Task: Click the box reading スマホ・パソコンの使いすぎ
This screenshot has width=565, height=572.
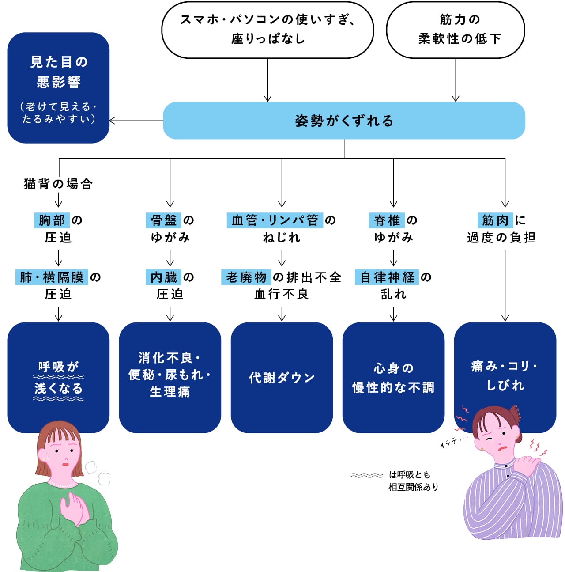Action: pyautogui.click(x=267, y=29)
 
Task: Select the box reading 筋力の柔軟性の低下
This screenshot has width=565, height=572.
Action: pyautogui.click(x=456, y=29)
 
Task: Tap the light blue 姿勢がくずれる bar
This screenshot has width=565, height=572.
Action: pyautogui.click(x=344, y=121)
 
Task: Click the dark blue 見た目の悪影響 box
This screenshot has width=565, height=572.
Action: pyautogui.click(x=58, y=87)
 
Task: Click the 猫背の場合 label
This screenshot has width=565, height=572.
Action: pyautogui.click(x=58, y=184)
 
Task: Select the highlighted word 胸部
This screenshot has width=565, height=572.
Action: pyautogui.click(x=52, y=220)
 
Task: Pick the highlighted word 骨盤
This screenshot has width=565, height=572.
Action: pyautogui.click(x=164, y=220)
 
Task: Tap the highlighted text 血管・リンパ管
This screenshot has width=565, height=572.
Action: pyautogui.click(x=275, y=220)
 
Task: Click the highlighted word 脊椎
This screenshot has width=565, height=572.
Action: pyautogui.click(x=387, y=220)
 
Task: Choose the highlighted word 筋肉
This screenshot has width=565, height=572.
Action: pyautogui.click(x=495, y=220)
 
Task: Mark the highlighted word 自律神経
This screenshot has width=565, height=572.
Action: pyautogui.click(x=387, y=277)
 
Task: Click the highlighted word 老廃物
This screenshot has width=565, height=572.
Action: pyautogui.click(x=246, y=277)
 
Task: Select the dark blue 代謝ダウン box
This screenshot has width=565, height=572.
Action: pyautogui.click(x=282, y=378)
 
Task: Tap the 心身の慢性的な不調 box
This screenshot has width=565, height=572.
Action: pyautogui.click(x=393, y=378)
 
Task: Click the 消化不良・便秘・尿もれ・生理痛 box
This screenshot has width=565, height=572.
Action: pyautogui.click(x=170, y=378)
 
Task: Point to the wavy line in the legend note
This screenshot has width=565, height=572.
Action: pyautogui.click(x=367, y=475)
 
